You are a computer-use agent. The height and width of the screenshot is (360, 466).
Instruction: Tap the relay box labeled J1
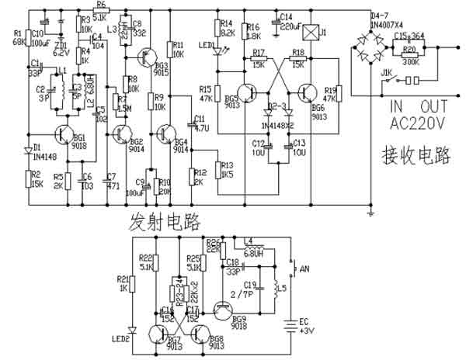pyautogui.click(x=312, y=33)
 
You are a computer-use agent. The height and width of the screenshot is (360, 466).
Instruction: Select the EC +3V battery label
pyautogui.click(x=309, y=327)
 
